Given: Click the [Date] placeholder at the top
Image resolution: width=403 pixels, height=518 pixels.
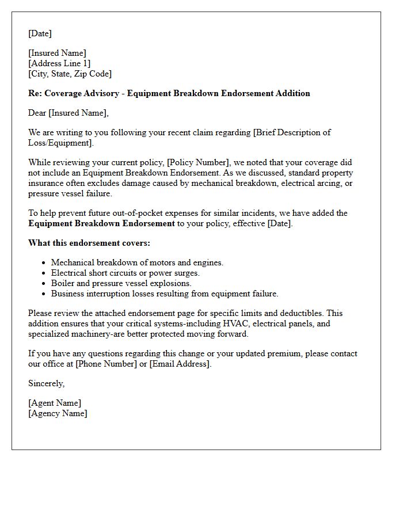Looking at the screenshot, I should coord(40,33).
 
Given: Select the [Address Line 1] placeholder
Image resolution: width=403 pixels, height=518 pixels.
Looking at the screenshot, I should coord(59,63).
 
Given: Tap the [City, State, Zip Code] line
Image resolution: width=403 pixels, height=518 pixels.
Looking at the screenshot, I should coord(70,74).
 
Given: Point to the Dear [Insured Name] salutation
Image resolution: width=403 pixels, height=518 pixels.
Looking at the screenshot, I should coord(69,113).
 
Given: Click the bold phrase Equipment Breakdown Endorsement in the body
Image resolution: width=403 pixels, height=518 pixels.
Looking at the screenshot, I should coord(101,223).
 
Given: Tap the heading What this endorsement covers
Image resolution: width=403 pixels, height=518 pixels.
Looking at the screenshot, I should coord(89,243).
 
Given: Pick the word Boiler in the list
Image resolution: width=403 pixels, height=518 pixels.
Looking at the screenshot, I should coord(63,283).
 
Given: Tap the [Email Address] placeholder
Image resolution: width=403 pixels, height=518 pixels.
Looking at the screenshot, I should coord(180,364).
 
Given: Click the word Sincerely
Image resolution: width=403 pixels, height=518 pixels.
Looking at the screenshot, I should coord(47,383).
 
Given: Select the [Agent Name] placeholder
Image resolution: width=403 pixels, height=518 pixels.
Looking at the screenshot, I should coord(55,403).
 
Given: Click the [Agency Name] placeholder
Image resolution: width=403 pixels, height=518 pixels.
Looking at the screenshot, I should coord(58,413).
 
